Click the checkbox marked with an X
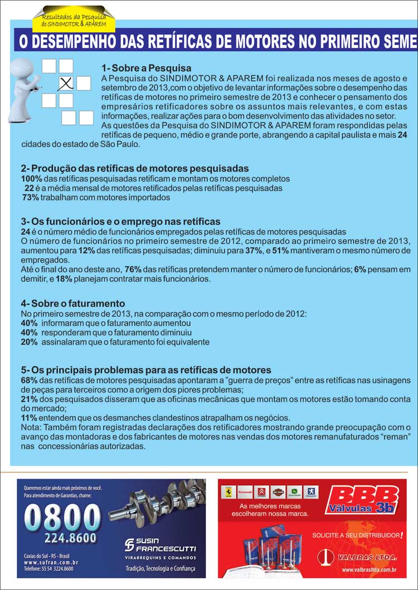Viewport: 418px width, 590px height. (66, 83)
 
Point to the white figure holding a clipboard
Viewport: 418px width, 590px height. (23, 88)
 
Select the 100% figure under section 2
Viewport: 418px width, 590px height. (31, 179)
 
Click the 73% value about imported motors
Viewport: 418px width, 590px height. (31, 197)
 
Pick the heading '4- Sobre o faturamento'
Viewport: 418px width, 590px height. (72, 303)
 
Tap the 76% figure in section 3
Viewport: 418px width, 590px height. (133, 269)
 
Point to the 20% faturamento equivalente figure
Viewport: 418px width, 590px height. (29, 342)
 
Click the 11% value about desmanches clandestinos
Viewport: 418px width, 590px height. (29, 417)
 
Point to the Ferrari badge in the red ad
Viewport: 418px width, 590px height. (227, 493)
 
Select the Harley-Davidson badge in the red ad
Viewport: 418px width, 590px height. (278, 493)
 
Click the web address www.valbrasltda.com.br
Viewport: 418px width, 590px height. (368, 569)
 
